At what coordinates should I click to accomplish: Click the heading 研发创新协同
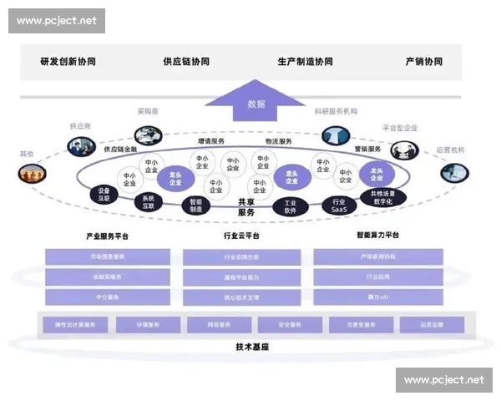pos(68,62)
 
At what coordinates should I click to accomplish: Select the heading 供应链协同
pos(186,62)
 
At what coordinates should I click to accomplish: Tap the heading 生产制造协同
pos(305,62)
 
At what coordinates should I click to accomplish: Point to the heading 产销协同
pos(423,62)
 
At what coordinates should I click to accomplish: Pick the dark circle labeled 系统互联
pos(148,201)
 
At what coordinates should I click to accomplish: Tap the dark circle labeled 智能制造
pos(195,206)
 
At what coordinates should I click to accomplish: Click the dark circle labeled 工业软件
pos(291,206)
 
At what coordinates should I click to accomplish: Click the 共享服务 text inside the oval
pos(245,207)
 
